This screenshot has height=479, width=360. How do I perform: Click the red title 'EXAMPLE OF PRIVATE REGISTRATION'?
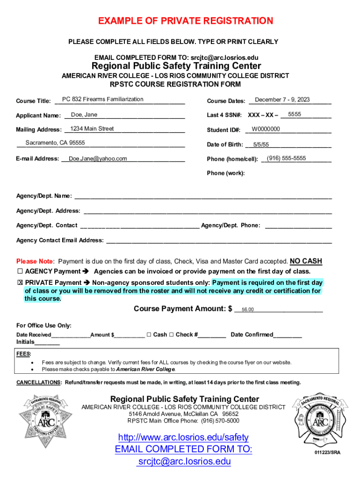pyautogui.click(x=186, y=21)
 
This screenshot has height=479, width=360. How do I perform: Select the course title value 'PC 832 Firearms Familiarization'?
pyautogui.click(x=103, y=99)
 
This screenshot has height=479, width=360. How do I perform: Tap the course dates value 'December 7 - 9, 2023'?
pyautogui.click(x=282, y=100)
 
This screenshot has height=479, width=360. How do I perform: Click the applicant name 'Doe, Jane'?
pyautogui.click(x=84, y=115)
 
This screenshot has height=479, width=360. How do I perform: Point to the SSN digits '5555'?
pyautogui.click(x=295, y=114)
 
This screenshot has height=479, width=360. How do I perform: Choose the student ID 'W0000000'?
pyautogui.click(x=266, y=129)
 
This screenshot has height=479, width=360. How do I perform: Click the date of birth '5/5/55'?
pyautogui.click(x=261, y=145)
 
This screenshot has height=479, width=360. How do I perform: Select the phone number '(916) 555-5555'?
pyautogui.click(x=286, y=159)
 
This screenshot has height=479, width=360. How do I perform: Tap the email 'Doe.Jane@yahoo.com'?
pyautogui.click(x=98, y=159)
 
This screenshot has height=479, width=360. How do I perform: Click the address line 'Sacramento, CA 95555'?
pyautogui.click(x=55, y=143)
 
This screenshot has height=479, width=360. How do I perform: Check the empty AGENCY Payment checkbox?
pyautogui.click(x=20, y=272)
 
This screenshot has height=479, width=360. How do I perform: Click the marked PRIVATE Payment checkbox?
pyautogui.click(x=20, y=283)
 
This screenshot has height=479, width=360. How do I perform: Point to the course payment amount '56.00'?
pyautogui.click(x=247, y=310)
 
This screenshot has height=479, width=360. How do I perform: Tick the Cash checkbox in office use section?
pyautogui.click(x=149, y=334)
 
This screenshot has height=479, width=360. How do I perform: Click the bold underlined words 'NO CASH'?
pyautogui.click(x=306, y=261)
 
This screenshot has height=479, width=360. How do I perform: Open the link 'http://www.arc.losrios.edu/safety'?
pyautogui.click(x=183, y=437)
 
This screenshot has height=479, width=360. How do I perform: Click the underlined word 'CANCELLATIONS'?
pyautogui.click(x=38, y=383)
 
